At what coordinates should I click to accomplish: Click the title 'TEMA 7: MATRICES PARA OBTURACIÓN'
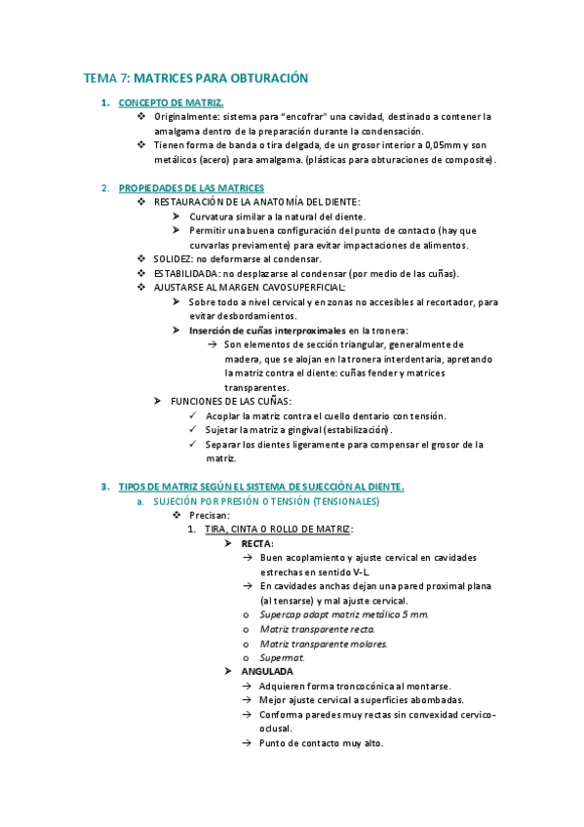point(195,77)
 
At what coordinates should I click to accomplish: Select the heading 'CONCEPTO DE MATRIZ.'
point(171,102)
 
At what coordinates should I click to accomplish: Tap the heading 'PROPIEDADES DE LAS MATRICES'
point(191,187)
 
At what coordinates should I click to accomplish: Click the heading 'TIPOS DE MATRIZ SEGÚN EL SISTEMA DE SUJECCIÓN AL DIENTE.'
point(261,486)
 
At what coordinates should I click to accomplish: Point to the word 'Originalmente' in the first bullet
point(186,116)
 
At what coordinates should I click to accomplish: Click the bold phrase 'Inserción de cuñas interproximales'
point(268,331)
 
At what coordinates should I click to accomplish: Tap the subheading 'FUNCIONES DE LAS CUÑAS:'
point(231,401)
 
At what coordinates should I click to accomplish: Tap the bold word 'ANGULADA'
point(266,672)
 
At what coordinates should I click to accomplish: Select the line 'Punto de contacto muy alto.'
point(322,743)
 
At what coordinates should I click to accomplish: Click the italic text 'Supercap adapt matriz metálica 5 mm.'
point(343,614)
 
